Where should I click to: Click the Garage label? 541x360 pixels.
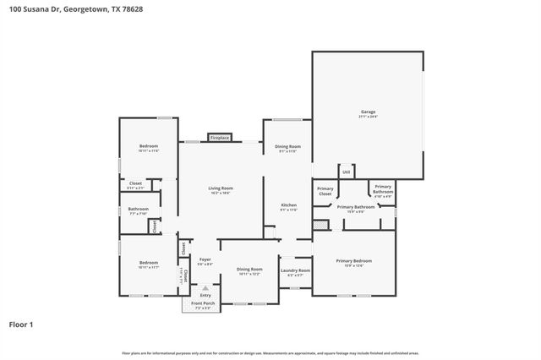click(x=368, y=112)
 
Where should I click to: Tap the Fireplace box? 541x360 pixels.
click(x=220, y=137)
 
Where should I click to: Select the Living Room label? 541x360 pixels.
click(x=221, y=188)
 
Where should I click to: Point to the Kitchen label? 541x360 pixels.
click(x=289, y=205)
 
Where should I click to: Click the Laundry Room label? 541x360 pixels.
click(x=296, y=270)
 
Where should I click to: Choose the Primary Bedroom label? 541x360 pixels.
click(x=353, y=261)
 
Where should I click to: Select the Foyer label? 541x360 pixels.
click(x=205, y=259)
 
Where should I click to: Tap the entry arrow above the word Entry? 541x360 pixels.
click(x=205, y=287)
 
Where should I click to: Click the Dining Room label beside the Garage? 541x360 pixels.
click(x=288, y=147)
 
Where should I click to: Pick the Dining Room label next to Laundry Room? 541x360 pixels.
click(x=249, y=269)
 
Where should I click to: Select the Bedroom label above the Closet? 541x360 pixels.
click(x=149, y=146)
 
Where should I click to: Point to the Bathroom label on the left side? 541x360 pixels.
click(x=139, y=209)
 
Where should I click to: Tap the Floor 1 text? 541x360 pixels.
click(x=21, y=324)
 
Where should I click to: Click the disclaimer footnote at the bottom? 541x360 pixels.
click(x=270, y=352)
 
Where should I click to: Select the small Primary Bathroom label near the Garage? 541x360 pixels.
click(x=383, y=188)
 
